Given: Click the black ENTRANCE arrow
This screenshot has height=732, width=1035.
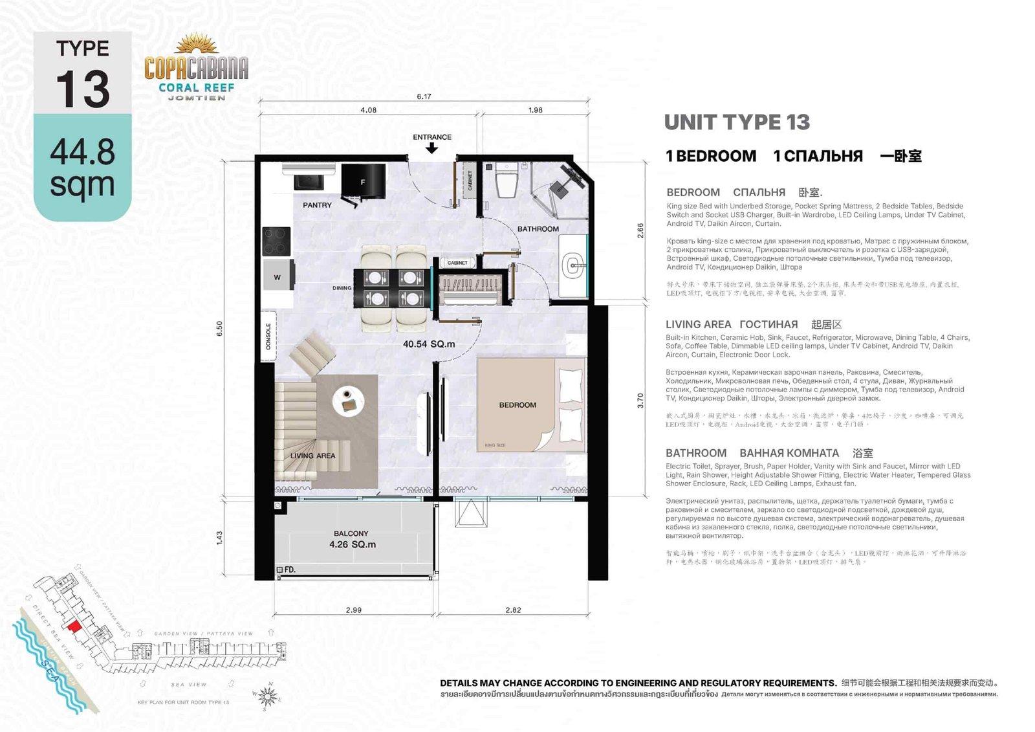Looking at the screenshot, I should pyautogui.click(x=432, y=148).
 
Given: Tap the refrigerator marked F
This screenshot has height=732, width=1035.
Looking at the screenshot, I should pyautogui.click(x=363, y=182).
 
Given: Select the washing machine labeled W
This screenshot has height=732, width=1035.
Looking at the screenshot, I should pyautogui.click(x=278, y=277).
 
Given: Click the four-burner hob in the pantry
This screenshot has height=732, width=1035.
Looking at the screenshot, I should pyautogui.click(x=276, y=241).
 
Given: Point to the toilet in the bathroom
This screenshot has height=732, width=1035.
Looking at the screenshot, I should pyautogui.click(x=505, y=181).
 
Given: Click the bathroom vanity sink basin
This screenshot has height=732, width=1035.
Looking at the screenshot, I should pyautogui.click(x=572, y=265).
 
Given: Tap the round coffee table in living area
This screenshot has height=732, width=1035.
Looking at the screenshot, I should pyautogui.click(x=348, y=402).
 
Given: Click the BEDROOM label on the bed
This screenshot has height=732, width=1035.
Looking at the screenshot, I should pyautogui.click(x=517, y=405).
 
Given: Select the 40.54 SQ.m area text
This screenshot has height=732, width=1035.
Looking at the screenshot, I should pyautogui.click(x=429, y=344).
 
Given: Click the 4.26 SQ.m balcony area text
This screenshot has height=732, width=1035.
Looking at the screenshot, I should pyautogui.click(x=353, y=545).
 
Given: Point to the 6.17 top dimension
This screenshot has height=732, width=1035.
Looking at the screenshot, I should pyautogui.click(x=424, y=96).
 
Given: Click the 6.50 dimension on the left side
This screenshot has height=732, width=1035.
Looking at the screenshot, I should pyautogui.click(x=219, y=328).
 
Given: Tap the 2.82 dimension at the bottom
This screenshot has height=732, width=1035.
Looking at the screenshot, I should pyautogui.click(x=513, y=610).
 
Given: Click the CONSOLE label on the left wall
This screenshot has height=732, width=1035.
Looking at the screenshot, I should pyautogui.click(x=268, y=336).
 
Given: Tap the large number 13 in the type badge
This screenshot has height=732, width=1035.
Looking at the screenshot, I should pyautogui.click(x=82, y=89).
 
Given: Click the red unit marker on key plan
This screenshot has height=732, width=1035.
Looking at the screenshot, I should pyautogui.click(x=74, y=626).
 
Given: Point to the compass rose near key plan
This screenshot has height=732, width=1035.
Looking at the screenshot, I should pyautogui.click(x=268, y=696).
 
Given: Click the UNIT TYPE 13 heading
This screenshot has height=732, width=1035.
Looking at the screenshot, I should pyautogui.click(x=737, y=122).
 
